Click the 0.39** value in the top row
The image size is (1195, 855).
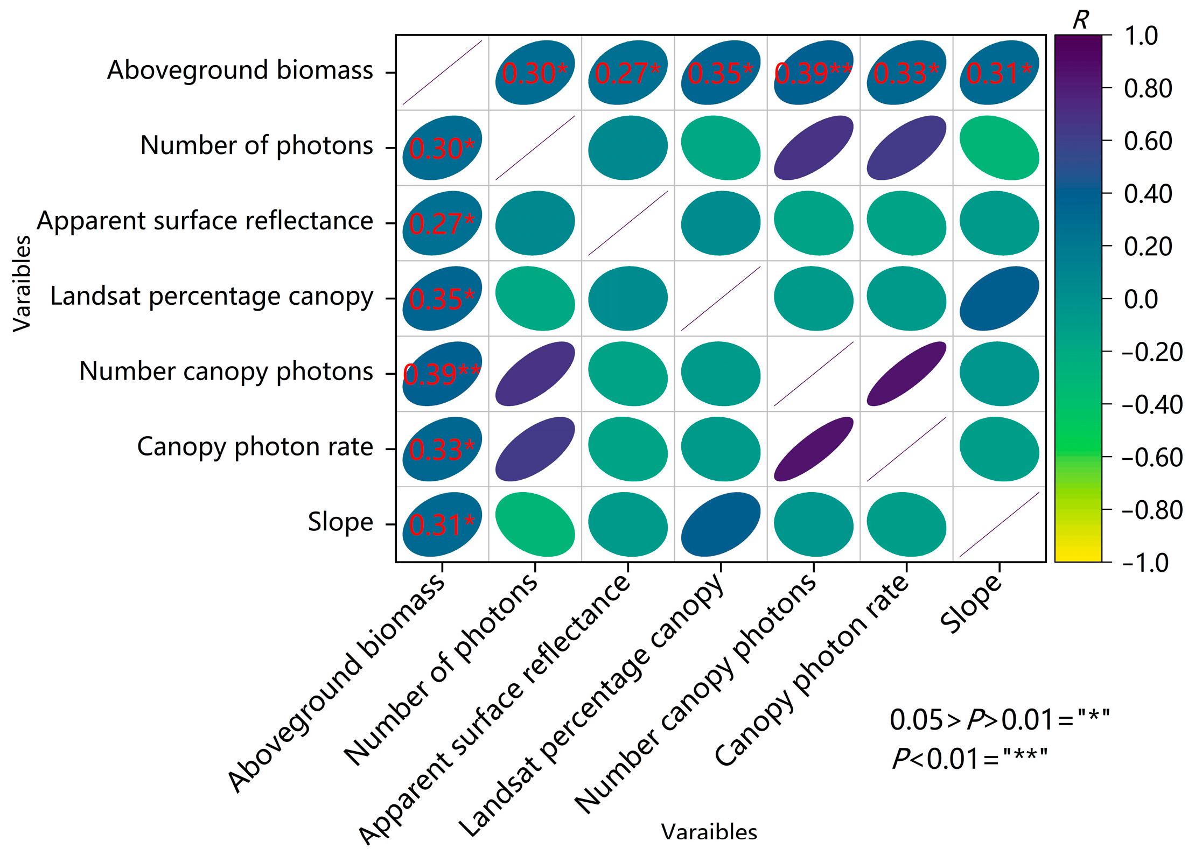click(813, 74)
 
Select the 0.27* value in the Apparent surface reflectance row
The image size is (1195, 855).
click(442, 224)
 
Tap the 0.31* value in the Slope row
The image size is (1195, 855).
click(442, 525)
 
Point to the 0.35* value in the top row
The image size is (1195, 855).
click(721, 74)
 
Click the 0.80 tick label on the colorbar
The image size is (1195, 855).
click(1148, 88)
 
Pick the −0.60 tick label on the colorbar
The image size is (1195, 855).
click(1152, 458)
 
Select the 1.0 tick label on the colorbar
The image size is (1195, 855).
click(1141, 36)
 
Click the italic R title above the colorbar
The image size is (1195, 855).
click(1080, 20)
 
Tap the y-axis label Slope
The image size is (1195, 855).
click(340, 522)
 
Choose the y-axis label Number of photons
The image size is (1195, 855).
click(256, 145)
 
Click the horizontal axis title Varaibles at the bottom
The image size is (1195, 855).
click(709, 832)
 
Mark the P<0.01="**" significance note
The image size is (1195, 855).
click(969, 759)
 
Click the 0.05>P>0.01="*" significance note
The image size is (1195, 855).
click(1000, 720)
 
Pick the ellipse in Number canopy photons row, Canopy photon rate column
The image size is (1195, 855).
click(906, 374)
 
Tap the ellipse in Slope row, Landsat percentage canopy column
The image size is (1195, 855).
click(721, 524)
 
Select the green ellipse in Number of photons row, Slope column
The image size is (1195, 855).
click(999, 148)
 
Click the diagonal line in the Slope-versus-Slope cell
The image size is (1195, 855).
click(999, 524)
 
